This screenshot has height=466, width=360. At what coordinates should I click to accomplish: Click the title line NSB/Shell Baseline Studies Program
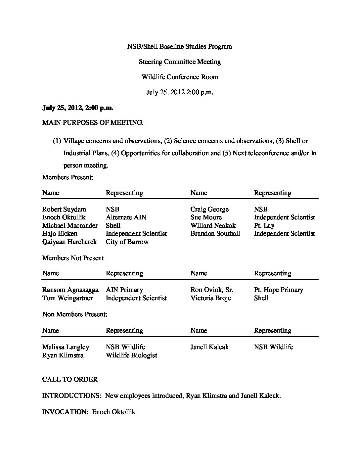pos(180,46)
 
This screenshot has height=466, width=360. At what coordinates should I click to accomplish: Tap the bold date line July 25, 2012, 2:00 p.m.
pos(78,108)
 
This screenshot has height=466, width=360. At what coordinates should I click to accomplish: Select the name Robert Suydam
pos(64,209)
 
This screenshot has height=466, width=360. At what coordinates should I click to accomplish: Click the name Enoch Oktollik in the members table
pos(64,217)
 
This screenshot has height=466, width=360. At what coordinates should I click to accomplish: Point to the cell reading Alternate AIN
pos(126,217)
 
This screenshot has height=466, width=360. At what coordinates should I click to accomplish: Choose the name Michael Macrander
pos(70,225)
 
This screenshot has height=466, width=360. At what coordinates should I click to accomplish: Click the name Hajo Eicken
pos(60,234)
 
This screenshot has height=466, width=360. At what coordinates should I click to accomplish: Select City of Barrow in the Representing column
pos(127,242)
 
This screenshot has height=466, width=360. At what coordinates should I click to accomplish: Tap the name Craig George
pos(209,209)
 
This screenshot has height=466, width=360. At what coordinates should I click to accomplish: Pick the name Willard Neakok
pos(213,225)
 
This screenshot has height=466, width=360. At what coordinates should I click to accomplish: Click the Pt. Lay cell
pos(264,226)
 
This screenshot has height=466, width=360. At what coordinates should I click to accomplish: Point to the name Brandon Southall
pos(215,234)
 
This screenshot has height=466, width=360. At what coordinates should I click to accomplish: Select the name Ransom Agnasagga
pos(70,290)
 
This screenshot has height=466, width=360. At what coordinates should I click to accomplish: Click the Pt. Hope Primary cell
pos(278,290)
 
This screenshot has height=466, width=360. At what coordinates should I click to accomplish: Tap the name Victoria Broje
pos(210,298)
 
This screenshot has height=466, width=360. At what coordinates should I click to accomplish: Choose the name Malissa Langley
pos(66,347)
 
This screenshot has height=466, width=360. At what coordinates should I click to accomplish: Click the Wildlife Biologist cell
pos(131,355)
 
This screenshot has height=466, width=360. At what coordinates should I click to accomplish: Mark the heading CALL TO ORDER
pos(70,379)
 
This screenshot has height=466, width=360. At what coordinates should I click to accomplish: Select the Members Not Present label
pos(73,258)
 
